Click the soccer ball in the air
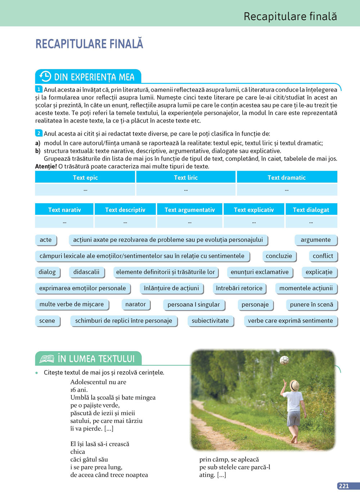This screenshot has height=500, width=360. point(284,360)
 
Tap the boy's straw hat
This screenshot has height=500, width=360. point(294,386)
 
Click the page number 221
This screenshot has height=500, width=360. point(344,486)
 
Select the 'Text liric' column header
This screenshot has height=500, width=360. point(186,177)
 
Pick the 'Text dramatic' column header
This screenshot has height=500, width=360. point(287,177)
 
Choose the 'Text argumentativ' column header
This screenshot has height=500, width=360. point(190,210)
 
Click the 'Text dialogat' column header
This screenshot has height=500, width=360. point(311,210)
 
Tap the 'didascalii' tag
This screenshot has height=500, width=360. point(86,272)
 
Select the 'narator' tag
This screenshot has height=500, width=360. point(135,304)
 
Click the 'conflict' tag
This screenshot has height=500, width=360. point(323,256)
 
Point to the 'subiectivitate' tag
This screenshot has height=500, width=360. point(210,321)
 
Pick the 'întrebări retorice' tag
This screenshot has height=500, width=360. point(239,288)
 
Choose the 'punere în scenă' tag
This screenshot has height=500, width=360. point(311,304)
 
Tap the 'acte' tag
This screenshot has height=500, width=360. point(46,240)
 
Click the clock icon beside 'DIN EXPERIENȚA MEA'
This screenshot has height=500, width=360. point(45,77)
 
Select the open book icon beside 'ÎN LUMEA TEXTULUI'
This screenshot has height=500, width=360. point(46,359)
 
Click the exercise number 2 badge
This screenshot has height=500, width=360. point(39,133)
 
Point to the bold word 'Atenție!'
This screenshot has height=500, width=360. point(46,166)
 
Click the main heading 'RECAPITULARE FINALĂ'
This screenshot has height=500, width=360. point(89,44)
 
